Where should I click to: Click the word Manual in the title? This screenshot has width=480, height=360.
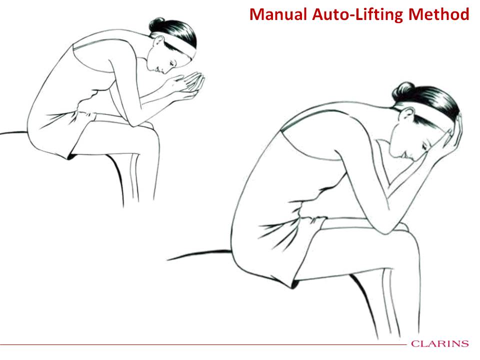[278, 14]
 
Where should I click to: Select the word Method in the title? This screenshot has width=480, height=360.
[439, 14]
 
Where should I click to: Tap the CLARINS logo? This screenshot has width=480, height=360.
[440, 343]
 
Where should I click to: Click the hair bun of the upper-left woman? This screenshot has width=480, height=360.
[156, 24]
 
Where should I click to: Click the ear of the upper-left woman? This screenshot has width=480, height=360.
[159, 41]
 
